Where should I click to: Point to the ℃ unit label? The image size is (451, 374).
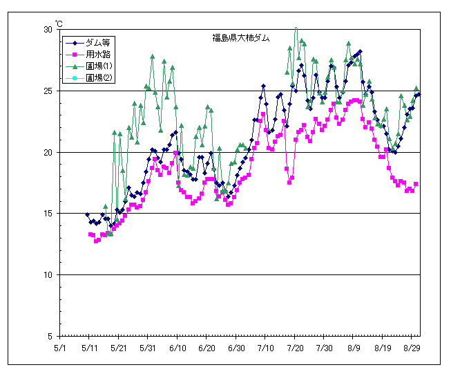[x=59, y=24]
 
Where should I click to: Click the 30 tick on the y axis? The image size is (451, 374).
[x=48, y=30]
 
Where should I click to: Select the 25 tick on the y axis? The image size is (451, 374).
[x=48, y=91]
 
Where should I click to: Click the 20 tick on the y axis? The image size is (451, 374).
[x=48, y=152]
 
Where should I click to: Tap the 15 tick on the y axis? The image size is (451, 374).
[x=48, y=214]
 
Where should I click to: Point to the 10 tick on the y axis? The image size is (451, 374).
[x=48, y=275]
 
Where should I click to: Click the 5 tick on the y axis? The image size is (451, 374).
[x=50, y=336]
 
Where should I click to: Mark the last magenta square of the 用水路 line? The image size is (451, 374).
[x=416, y=184]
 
